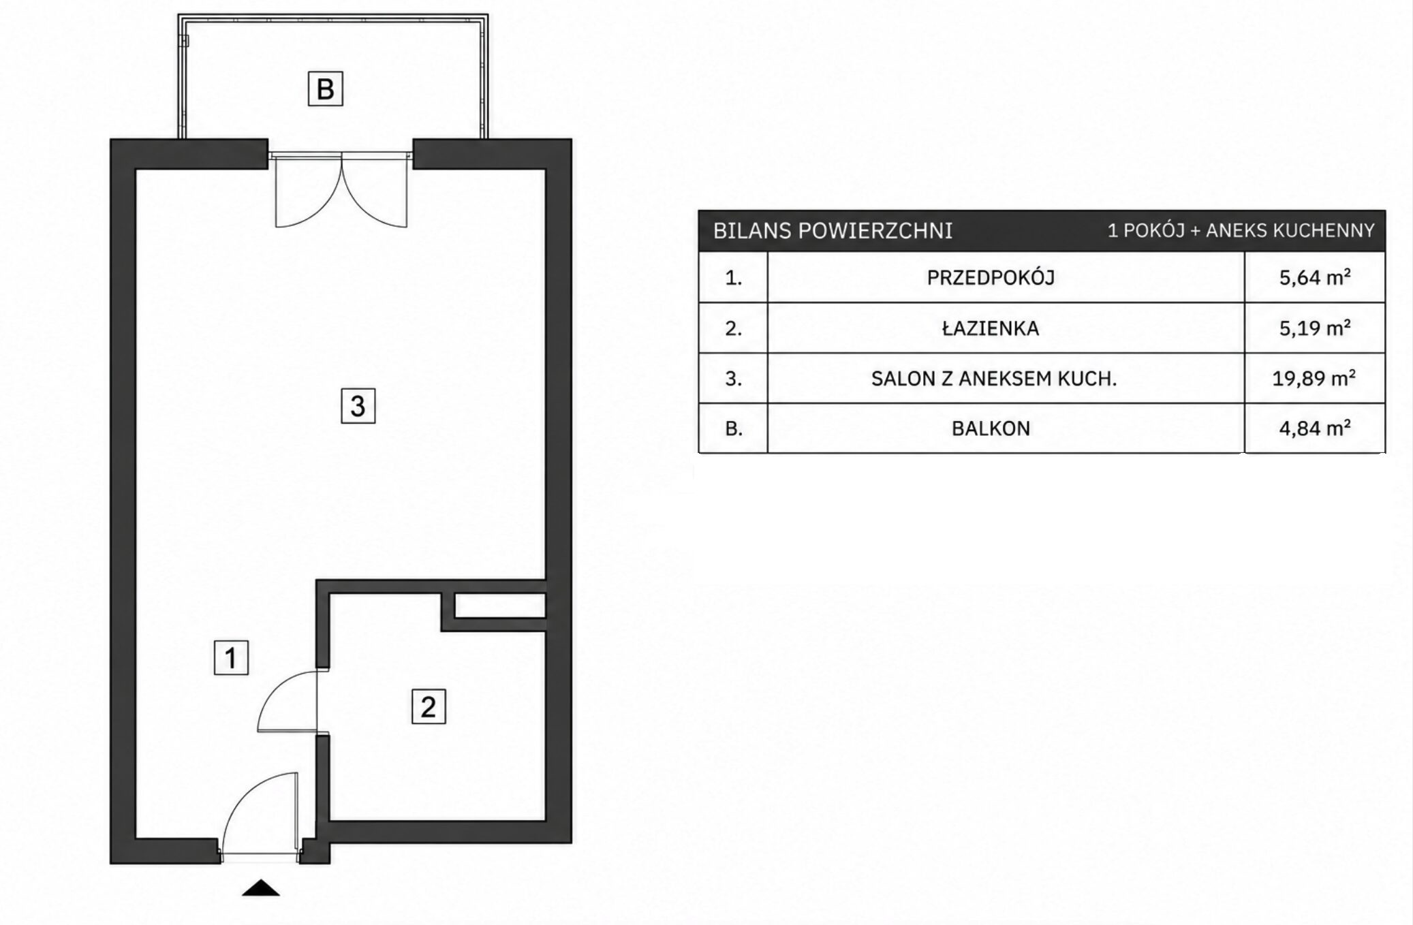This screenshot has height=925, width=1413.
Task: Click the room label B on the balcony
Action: pyautogui.click(x=325, y=89)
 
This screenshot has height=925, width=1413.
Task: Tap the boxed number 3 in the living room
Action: pyautogui.click(x=358, y=406)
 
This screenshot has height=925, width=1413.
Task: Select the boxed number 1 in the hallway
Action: pyautogui.click(x=231, y=657)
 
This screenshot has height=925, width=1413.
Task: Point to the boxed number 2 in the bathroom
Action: pyautogui.click(x=429, y=706)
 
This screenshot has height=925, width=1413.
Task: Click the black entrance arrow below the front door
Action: pyautogui.click(x=261, y=888)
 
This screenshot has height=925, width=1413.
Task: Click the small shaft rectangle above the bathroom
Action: pyautogui.click(x=499, y=606)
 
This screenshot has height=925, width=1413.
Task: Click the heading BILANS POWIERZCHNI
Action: pyautogui.click(x=833, y=231)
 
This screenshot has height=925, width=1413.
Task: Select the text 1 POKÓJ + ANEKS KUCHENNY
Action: pyautogui.click(x=1241, y=231)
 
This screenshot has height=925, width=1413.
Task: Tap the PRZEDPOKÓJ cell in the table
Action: pyautogui.click(x=991, y=278)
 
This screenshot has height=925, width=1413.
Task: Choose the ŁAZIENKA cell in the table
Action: pyautogui.click(x=991, y=328)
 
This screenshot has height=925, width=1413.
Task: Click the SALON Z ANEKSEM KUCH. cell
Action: pyautogui.click(x=994, y=379)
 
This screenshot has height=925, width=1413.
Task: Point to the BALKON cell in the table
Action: pyautogui.click(x=991, y=428)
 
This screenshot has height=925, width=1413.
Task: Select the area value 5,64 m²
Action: pyautogui.click(x=1314, y=277)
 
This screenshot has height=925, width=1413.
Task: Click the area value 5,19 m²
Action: pyautogui.click(x=1314, y=328)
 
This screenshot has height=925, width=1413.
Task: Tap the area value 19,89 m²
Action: pyautogui.click(x=1314, y=378)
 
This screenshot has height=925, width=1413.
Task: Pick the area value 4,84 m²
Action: pyautogui.click(x=1314, y=428)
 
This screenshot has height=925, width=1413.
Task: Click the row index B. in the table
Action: pyautogui.click(x=734, y=428)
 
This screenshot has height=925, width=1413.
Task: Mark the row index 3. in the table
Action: pyautogui.click(x=734, y=379)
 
